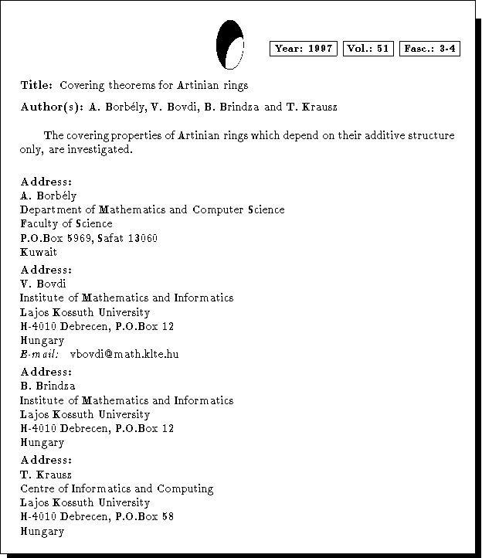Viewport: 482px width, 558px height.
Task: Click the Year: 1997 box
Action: (x=304, y=49)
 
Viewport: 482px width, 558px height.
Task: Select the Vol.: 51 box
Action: (x=368, y=49)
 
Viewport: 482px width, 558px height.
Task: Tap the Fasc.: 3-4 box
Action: (x=429, y=49)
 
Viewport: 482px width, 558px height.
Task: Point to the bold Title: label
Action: (x=36, y=85)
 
